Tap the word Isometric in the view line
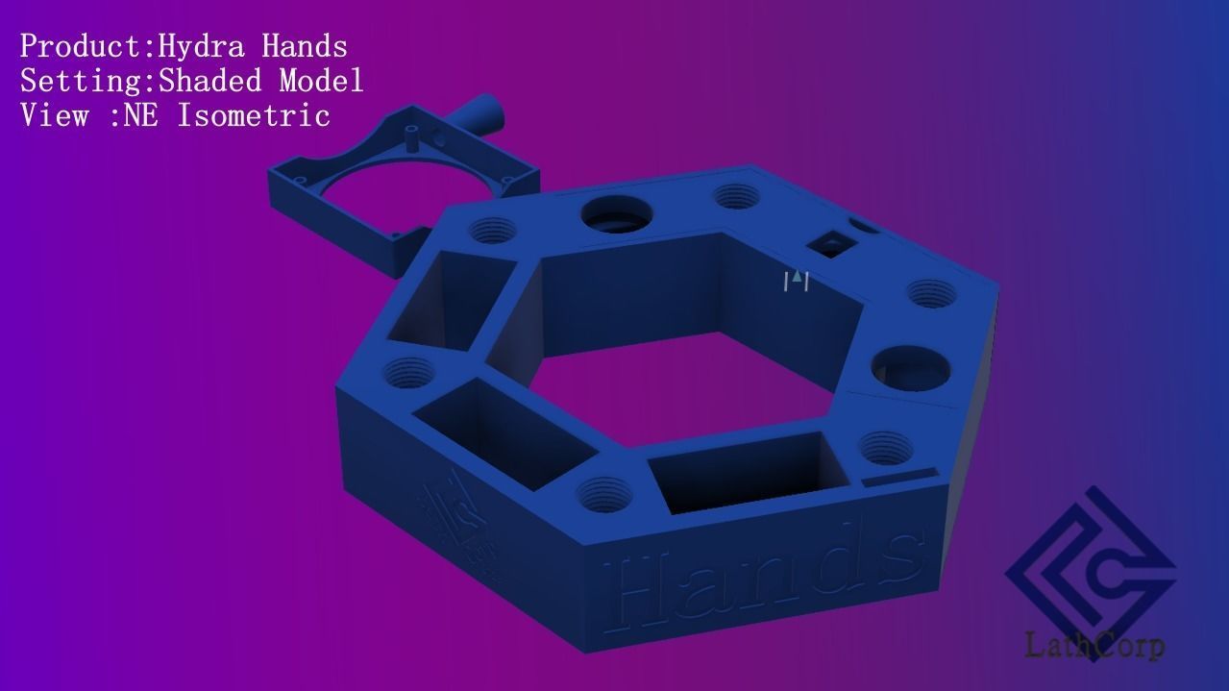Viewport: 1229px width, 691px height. click(x=254, y=115)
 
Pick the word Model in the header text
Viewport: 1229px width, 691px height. click(x=321, y=80)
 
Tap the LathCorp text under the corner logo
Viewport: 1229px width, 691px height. click(x=1094, y=645)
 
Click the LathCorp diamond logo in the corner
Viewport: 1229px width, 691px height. click(x=1091, y=568)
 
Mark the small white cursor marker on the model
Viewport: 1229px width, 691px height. click(x=796, y=280)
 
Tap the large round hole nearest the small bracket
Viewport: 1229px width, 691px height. click(x=616, y=211)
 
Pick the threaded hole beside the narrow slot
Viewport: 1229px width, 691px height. click(x=885, y=446)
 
